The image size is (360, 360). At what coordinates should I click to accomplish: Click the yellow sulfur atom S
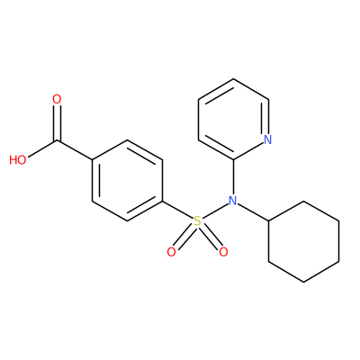(197, 221)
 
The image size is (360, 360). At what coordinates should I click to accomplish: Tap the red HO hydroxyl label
(18, 160)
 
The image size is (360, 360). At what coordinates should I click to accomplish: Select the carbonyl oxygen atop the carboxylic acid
(57, 99)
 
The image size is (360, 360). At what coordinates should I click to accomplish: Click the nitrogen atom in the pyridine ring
(268, 139)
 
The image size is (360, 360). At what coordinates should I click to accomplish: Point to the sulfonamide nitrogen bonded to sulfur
(233, 201)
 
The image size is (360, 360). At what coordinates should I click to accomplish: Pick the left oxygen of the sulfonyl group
(172, 252)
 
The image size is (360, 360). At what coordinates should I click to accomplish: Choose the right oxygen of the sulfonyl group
(223, 252)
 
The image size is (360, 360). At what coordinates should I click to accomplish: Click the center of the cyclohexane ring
(304, 241)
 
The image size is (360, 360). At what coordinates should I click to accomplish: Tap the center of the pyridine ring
(233, 119)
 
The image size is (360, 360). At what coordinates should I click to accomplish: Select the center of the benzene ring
(127, 180)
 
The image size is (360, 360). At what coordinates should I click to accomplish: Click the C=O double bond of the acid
(57, 123)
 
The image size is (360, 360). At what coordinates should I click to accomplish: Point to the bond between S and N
(215, 211)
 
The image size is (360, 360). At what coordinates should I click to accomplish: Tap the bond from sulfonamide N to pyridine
(233, 177)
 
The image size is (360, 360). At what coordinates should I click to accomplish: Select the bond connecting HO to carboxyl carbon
(42, 149)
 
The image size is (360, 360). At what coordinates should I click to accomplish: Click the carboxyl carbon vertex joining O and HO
(57, 140)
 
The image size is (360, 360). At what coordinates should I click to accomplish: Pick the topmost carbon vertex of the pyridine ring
(233, 79)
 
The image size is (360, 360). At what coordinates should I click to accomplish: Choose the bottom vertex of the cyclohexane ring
(304, 282)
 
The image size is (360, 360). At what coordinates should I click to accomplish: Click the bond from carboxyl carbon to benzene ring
(75, 150)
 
